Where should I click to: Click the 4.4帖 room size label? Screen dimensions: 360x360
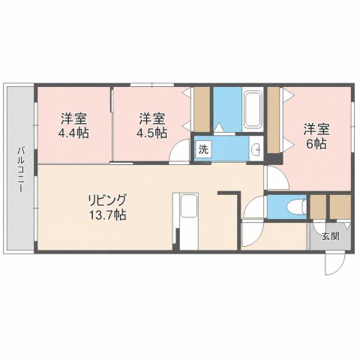point(73,133)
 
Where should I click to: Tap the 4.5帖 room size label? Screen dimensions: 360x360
point(151,133)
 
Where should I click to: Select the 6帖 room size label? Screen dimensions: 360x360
point(316,144)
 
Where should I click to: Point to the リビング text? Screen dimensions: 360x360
point(106,200)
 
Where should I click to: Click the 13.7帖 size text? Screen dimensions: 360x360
point(107,214)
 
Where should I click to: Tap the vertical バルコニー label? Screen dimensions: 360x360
point(21,169)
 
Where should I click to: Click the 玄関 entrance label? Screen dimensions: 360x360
point(330,236)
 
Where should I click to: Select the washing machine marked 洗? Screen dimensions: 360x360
point(203,149)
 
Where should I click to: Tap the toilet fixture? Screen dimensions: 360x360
point(298,207)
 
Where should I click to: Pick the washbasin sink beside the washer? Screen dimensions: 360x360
point(256,149)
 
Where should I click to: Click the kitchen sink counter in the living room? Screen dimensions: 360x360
point(189,221)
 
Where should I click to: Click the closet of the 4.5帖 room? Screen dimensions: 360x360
point(202,109)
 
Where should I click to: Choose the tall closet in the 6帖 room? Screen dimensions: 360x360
point(274,120)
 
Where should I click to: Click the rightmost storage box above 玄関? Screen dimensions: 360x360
point(340,207)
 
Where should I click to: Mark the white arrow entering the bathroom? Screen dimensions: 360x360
point(218,127)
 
